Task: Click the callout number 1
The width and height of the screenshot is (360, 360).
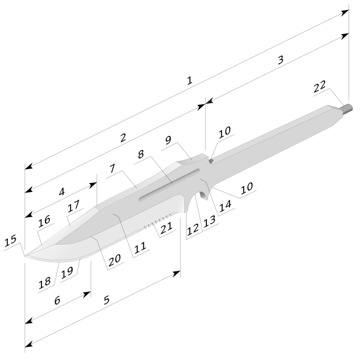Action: coord(190,80)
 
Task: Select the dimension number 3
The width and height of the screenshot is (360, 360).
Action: coord(281,60)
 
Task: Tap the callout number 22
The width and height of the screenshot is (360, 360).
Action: coord(320,86)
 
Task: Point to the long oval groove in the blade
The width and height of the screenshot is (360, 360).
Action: coord(169,185)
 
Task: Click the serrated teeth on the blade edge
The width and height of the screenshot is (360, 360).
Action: coord(157,221)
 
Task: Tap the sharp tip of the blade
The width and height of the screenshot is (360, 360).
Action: coord(25,256)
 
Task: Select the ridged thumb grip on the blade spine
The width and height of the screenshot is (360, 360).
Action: coord(192,160)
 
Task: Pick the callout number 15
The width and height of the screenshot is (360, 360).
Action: coord(11,241)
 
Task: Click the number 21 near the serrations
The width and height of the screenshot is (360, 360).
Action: coord(166,227)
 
